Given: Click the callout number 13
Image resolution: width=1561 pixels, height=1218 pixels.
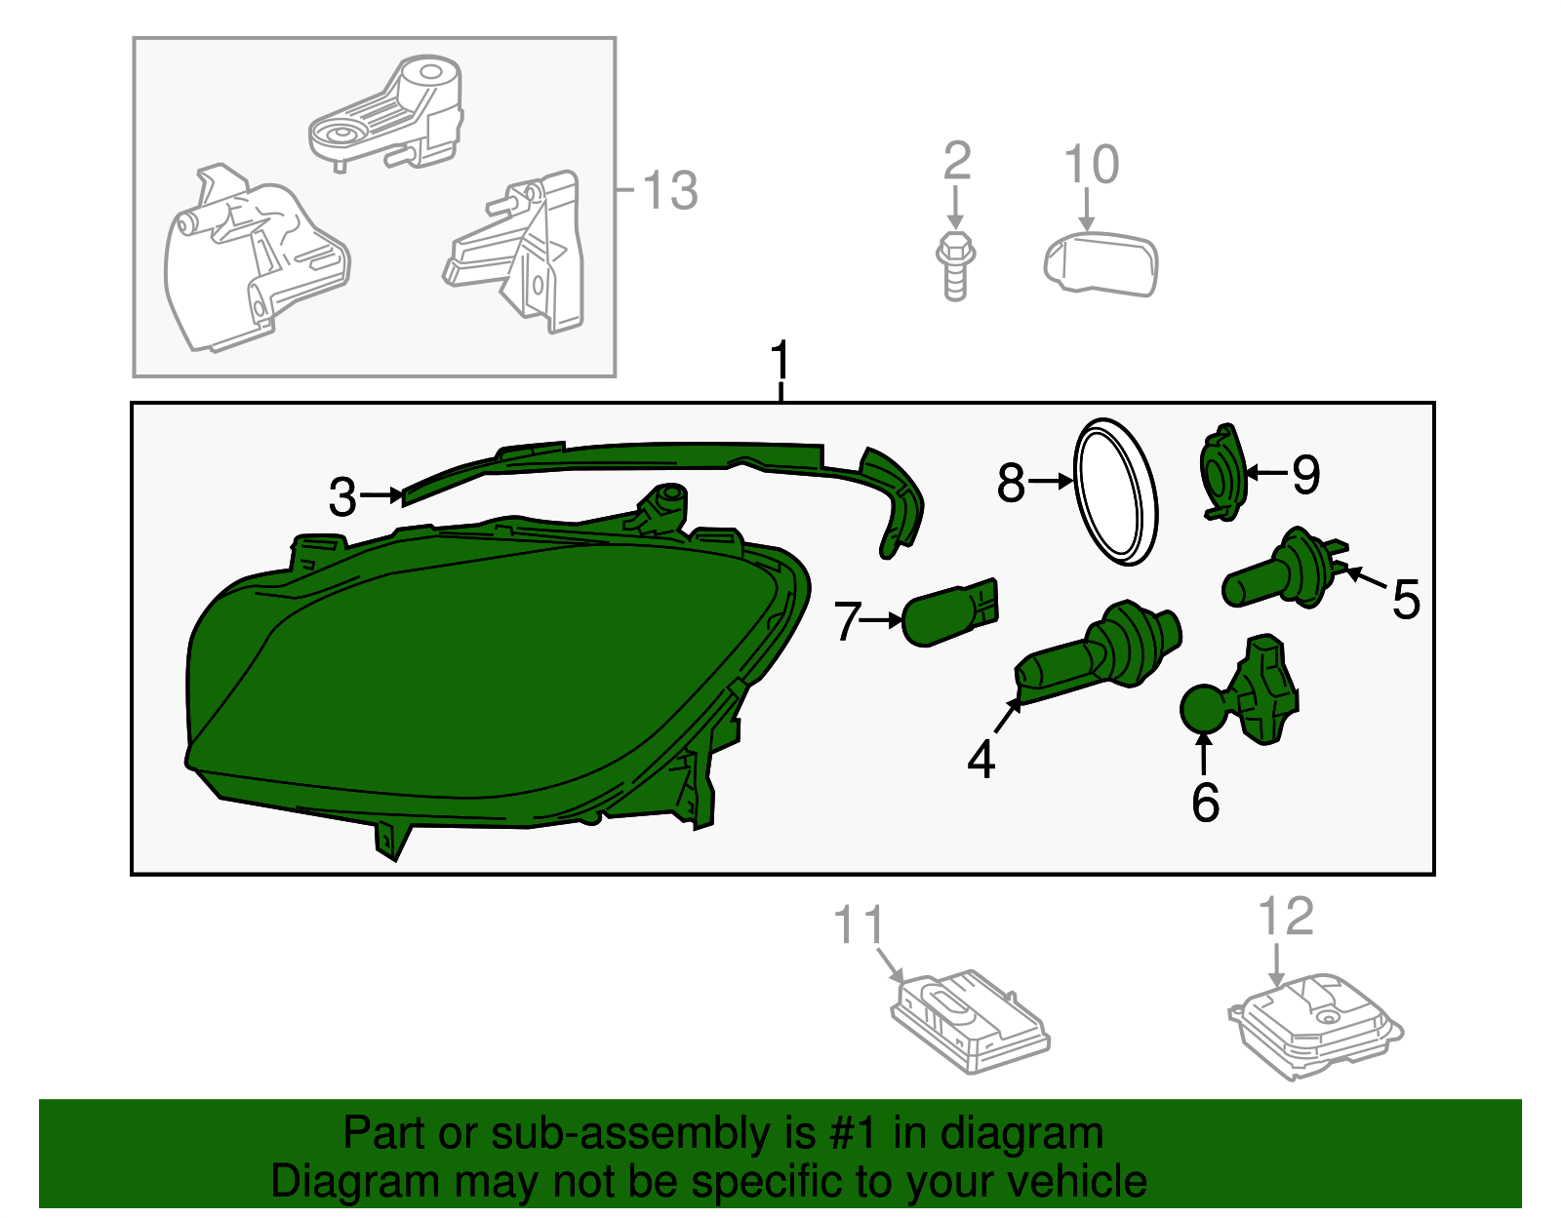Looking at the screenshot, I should point(669,190).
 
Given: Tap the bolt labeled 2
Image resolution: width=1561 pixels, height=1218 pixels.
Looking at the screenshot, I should point(956,266).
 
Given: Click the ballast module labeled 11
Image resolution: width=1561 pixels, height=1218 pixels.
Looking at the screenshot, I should point(970,1022).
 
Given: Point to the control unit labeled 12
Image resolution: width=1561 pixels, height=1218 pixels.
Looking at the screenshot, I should point(1315,1028).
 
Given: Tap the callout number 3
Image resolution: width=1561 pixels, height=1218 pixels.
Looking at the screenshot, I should point(342,497).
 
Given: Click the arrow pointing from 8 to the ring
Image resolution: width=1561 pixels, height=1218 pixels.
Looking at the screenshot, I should point(1051,481).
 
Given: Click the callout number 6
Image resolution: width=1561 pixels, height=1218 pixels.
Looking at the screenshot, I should point(1205,802).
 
